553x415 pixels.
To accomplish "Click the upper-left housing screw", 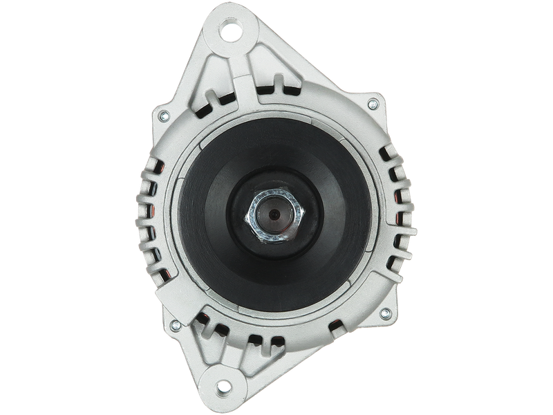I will [164, 114].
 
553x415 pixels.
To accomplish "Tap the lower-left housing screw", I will [174, 323].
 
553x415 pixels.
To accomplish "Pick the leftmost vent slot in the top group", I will [208, 108].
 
